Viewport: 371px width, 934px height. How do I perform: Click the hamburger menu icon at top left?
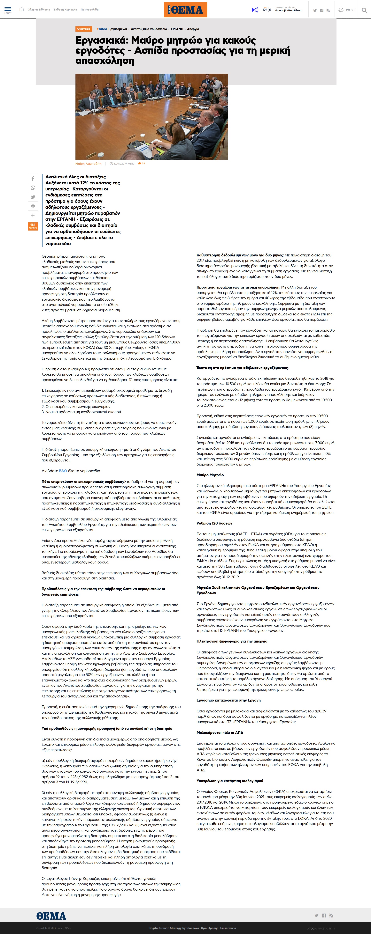coord(8,9)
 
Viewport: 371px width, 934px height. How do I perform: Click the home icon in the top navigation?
coord(21,9)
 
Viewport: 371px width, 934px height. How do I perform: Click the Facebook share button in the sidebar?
coord(33,178)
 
